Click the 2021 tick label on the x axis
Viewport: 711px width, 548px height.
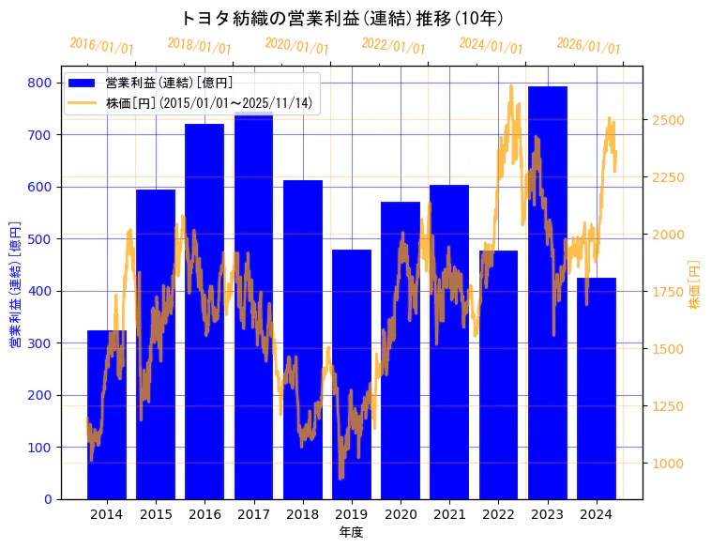coord(449,514)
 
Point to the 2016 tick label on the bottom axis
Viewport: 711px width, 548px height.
coord(204,514)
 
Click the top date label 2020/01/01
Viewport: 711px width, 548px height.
coord(296,44)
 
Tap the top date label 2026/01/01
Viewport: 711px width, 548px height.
coord(588,45)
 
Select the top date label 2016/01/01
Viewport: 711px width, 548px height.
coord(101,45)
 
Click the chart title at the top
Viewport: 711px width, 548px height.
coord(341,18)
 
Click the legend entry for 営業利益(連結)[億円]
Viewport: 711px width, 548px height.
coord(169,84)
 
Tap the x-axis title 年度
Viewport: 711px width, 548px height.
coord(351,532)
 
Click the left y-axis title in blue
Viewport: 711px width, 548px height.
coord(14,284)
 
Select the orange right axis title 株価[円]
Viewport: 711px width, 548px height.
coord(695,284)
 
